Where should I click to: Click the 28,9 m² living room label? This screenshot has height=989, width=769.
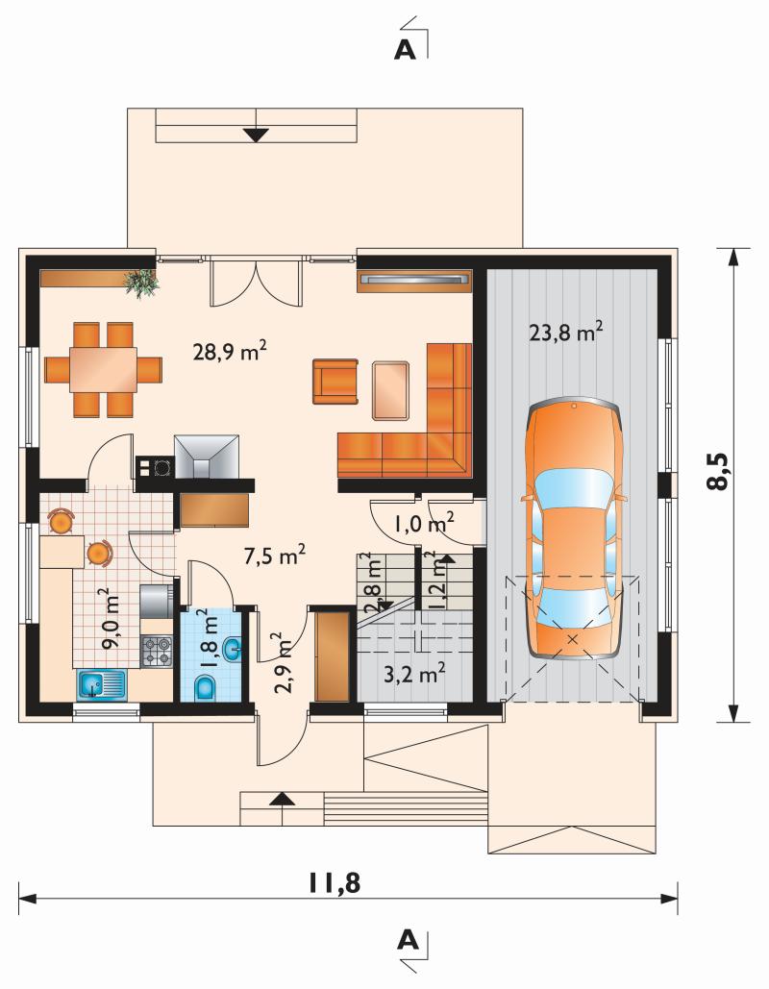[x=230, y=350]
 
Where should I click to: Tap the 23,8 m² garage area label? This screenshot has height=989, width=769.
[x=565, y=332]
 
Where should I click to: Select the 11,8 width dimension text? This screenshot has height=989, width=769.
[x=335, y=883]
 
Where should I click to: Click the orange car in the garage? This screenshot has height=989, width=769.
[x=573, y=529]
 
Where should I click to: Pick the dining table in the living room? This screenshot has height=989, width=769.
[x=103, y=370]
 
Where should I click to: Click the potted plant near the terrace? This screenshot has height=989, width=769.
[x=141, y=283]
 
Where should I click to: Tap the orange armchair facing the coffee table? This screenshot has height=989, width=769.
[x=335, y=381]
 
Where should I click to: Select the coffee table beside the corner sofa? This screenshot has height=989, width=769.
[x=390, y=390]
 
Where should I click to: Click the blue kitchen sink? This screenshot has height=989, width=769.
[x=102, y=684]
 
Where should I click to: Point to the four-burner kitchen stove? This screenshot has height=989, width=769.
[x=157, y=651]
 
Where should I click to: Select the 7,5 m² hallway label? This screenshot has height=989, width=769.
[x=274, y=556]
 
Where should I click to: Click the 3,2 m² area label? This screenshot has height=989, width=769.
[x=414, y=674]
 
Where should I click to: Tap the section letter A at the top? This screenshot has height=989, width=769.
[x=405, y=50]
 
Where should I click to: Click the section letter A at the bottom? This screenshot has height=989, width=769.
[x=408, y=940]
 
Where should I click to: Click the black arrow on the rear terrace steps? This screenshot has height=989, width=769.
[x=256, y=134]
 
